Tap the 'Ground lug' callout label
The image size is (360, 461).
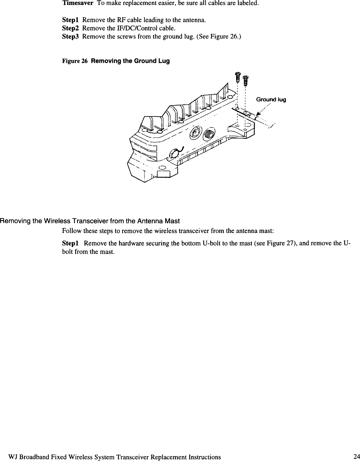[271, 100]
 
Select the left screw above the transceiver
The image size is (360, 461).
[237, 76]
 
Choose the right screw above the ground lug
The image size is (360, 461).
[245, 80]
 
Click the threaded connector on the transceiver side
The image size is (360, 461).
[210, 134]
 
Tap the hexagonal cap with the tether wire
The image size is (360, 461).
[174, 154]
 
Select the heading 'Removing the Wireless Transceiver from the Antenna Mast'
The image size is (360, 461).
[90, 221]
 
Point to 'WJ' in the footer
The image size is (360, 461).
[13, 457]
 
